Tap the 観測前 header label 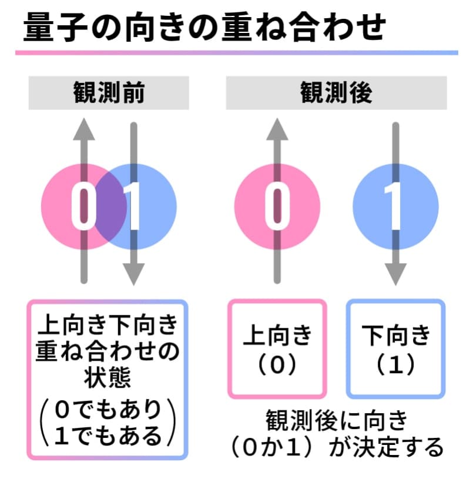[109, 93]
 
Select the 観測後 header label [336, 93]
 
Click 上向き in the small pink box [277, 337]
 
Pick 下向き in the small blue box [395, 337]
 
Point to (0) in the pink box [277, 366]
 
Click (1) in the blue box [395, 366]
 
